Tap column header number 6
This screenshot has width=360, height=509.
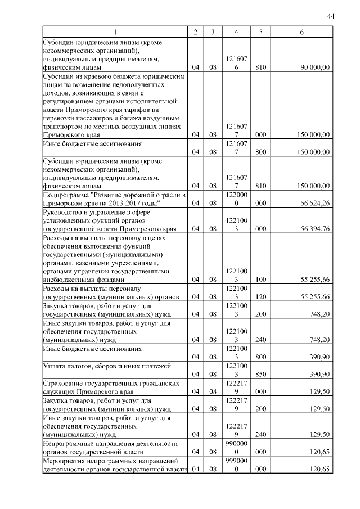tap(301, 33)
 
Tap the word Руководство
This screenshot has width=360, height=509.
tap(64, 212)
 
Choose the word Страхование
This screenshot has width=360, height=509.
tap(64, 383)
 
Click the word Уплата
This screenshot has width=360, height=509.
tap(53, 366)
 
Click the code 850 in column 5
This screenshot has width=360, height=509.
tap(260, 374)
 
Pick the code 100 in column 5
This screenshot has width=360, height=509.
tap(260, 280)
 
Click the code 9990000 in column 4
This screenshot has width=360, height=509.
tap(236, 464)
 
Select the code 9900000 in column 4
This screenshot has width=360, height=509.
tap(236, 447)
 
